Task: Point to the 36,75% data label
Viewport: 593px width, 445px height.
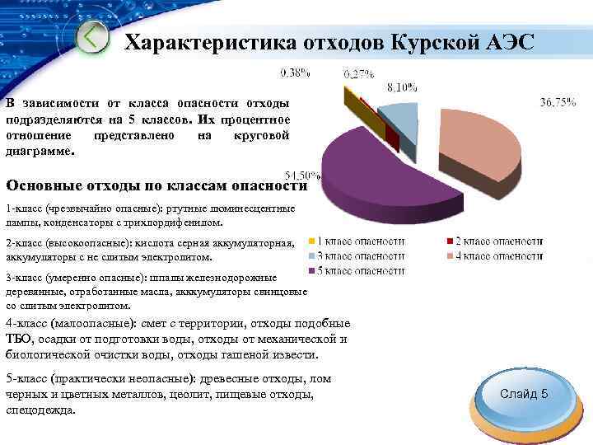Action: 558,104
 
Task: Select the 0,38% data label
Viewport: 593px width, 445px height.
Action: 296,73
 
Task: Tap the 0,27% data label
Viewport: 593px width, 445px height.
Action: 358,73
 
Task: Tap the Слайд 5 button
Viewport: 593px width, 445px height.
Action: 524,394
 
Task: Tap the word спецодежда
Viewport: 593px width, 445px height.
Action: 40,409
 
